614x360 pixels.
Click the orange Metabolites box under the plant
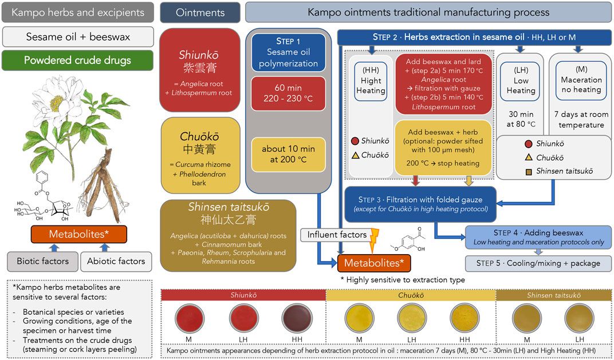[x=79, y=234]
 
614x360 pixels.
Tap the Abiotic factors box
[x=116, y=262]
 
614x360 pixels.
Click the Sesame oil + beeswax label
[x=78, y=37]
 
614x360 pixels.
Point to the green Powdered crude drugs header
[x=78, y=60]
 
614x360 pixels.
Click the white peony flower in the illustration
[x=56, y=103]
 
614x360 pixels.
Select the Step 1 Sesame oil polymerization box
[x=288, y=53]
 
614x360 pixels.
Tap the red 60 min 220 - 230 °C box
[x=288, y=93]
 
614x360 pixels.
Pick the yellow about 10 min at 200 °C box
[x=288, y=154]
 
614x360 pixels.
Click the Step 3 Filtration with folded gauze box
[x=420, y=204]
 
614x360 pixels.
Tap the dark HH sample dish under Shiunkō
[x=294, y=316]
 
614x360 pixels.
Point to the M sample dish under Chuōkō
[x=357, y=316]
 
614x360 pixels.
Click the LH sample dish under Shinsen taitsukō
[x=576, y=316]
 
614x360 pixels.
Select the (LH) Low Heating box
[x=521, y=81]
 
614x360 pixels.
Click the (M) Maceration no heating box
[x=581, y=80]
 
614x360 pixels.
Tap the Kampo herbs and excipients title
[x=78, y=12]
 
